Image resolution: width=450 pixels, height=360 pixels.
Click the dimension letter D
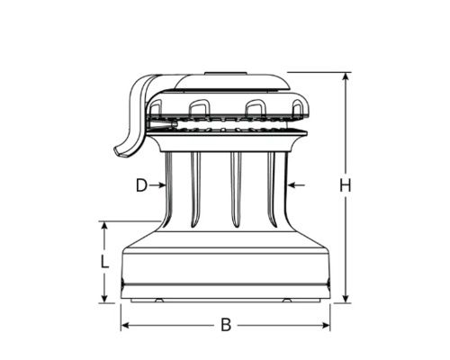pos(141,185)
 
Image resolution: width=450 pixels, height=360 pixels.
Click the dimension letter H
pos(346,185)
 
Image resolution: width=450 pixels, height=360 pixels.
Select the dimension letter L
pos(104,262)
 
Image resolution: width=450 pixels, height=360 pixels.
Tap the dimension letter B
pos(226,325)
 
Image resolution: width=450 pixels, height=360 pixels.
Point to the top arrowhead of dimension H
pos(346,76)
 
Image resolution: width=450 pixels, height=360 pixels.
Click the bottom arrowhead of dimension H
pos(346,299)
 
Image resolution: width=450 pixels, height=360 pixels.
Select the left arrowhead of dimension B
pos(125,325)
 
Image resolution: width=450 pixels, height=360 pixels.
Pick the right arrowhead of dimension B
pos(326,325)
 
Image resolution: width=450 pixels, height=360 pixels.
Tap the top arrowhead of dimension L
pos(104,226)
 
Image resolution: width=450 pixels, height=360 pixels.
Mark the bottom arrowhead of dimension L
pos(104,299)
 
